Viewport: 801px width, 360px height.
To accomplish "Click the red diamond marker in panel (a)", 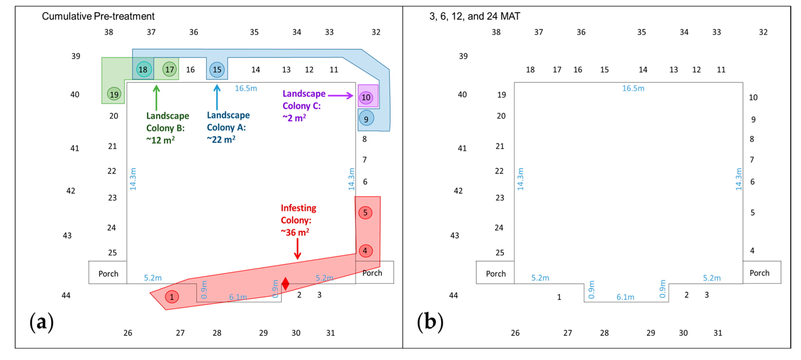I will pyautogui.click(x=285, y=284).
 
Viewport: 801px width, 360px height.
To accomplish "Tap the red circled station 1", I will pyautogui.click(x=172, y=297).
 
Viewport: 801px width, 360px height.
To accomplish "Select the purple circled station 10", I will pyautogui.click(x=366, y=97).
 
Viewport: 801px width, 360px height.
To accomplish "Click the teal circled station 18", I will pyautogui.click(x=143, y=69).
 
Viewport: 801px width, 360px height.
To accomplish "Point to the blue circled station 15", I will pyautogui.click(x=217, y=69).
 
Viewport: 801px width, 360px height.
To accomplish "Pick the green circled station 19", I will pyautogui.click(x=114, y=94).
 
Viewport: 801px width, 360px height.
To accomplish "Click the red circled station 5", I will pyautogui.click(x=365, y=213).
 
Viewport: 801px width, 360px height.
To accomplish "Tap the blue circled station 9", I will pyautogui.click(x=366, y=119).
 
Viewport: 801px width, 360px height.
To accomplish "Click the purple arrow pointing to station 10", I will pyautogui.click(x=340, y=95).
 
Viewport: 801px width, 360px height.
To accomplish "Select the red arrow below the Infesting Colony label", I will pyautogui.click(x=297, y=248).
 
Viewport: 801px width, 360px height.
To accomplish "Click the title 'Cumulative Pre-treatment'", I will pyautogui.click(x=98, y=16).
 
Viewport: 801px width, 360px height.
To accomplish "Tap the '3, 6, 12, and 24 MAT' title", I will pyautogui.click(x=474, y=16).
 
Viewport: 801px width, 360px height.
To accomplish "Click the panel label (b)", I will pyautogui.click(x=430, y=322).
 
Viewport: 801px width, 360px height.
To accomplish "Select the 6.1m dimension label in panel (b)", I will pyautogui.click(x=625, y=297).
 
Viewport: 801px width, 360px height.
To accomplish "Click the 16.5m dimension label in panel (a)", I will pyautogui.click(x=246, y=88).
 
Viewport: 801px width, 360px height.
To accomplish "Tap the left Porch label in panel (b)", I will pyautogui.click(x=496, y=274).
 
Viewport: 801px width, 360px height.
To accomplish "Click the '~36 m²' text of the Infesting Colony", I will pyautogui.click(x=295, y=232).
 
